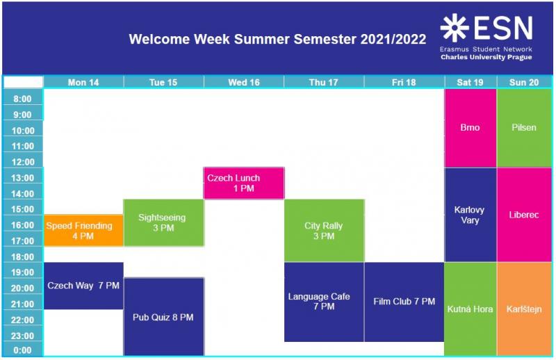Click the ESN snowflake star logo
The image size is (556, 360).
click(455, 28)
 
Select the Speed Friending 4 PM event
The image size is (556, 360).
click(83, 231)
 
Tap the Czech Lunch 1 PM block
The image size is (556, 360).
click(244, 183)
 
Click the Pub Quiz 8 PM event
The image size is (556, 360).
click(164, 317)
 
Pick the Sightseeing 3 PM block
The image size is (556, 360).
click(164, 222)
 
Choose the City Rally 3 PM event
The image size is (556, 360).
click(324, 231)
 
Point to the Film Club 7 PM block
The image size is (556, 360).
click(404, 302)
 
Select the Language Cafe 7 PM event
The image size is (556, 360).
click(324, 302)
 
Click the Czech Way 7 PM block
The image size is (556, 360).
click(83, 286)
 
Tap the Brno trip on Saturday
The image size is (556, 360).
click(471, 128)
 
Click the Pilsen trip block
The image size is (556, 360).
click(525, 128)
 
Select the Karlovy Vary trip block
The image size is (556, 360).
click(471, 215)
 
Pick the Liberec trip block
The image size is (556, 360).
click(525, 215)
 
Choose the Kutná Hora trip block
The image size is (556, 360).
click(471, 309)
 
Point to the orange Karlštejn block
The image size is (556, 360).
click(525, 309)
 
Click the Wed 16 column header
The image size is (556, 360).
click(244, 82)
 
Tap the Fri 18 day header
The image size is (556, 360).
click(404, 82)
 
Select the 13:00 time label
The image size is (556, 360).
click(23, 178)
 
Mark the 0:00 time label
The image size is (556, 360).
click(23, 350)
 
